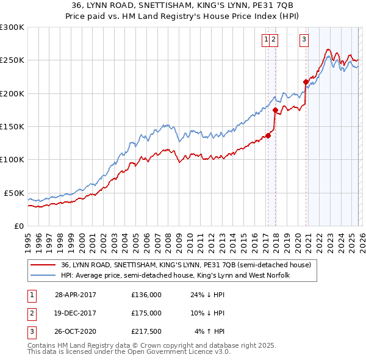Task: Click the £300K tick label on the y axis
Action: (x=12, y=27)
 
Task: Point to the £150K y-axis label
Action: (x=12, y=127)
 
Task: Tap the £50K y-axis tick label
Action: (x=14, y=193)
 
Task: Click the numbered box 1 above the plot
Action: (x=267, y=40)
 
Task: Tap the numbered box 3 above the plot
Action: (x=304, y=40)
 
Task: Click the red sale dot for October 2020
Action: (x=306, y=81)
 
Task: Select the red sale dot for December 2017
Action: (x=275, y=110)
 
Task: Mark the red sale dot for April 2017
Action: (x=268, y=135)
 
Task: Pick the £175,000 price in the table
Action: (x=146, y=313)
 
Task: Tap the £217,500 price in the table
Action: (x=146, y=332)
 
